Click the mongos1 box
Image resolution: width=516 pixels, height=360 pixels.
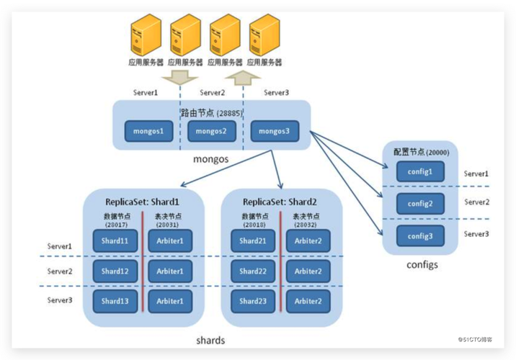point(149,132)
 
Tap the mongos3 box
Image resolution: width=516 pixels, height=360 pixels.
point(274,132)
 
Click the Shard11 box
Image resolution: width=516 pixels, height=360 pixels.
point(115,241)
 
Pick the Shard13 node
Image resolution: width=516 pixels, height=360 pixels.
point(115,301)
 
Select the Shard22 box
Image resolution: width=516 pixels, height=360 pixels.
point(253,271)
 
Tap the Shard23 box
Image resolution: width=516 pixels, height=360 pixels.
point(253,301)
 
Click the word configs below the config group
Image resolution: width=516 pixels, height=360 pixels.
point(420,265)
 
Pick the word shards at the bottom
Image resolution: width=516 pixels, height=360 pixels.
point(211,340)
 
